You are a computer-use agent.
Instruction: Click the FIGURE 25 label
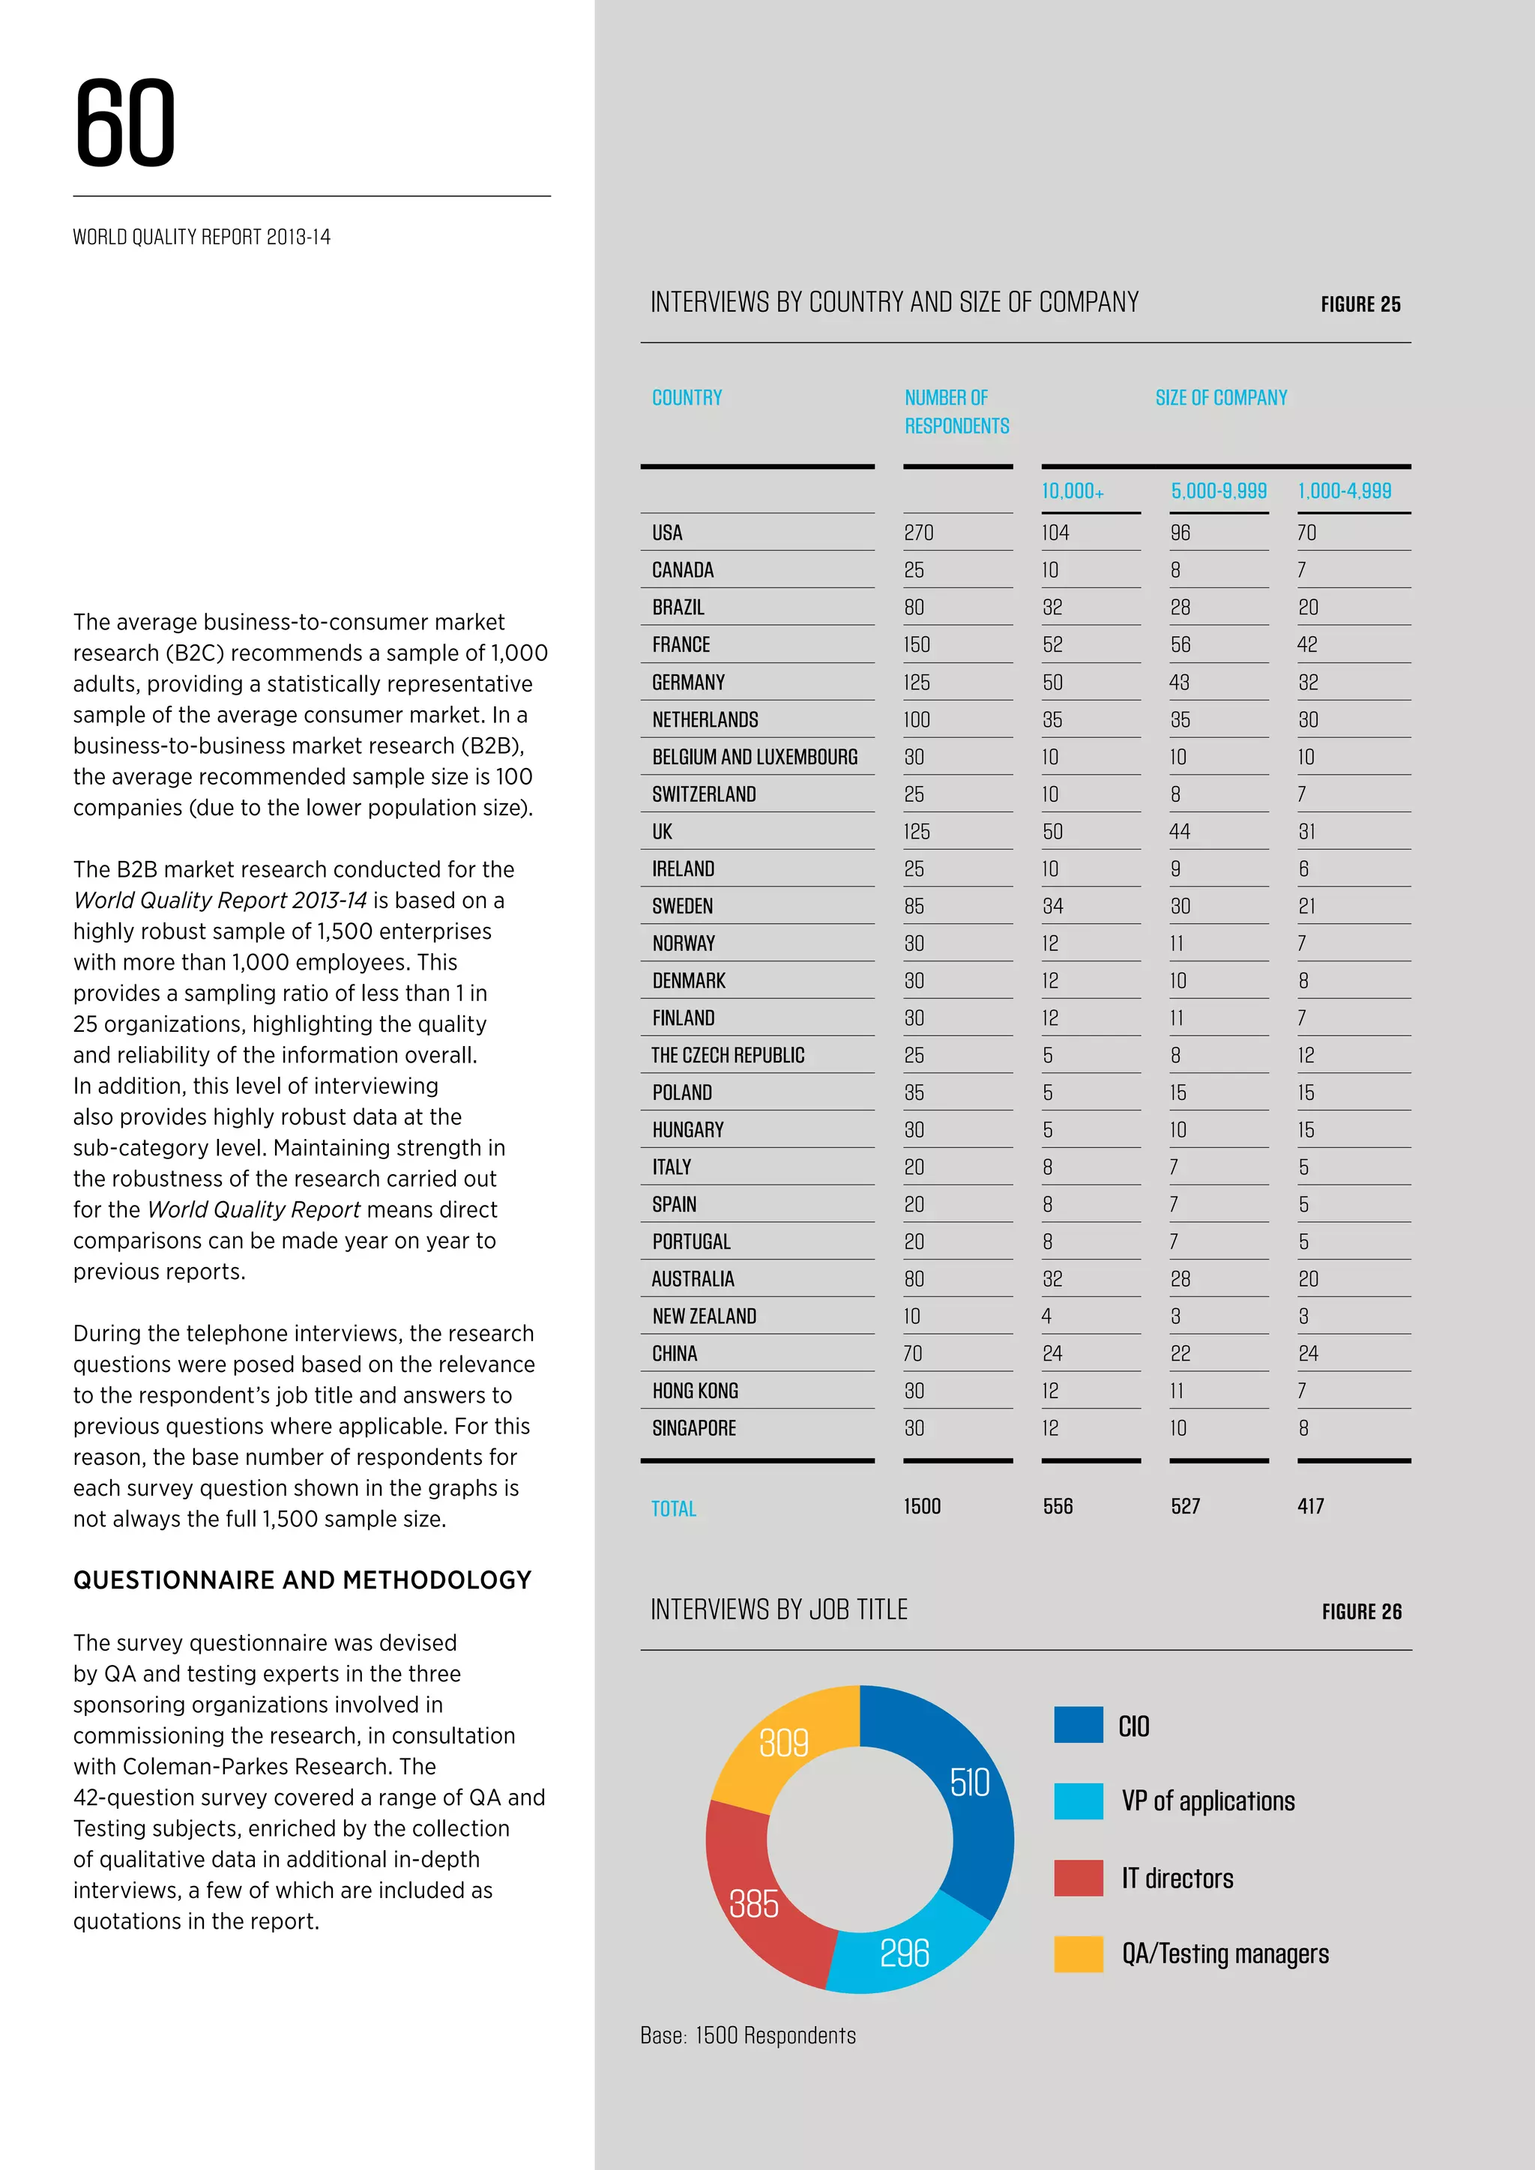(1360, 304)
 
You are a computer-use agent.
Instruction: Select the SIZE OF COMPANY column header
(1220, 398)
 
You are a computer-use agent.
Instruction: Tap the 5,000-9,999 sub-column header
(1219, 491)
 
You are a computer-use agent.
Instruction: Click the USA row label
(666, 533)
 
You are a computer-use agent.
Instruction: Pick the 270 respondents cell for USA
(918, 533)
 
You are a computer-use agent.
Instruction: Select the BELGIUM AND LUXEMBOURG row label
(754, 757)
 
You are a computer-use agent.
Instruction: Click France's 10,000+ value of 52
(1052, 644)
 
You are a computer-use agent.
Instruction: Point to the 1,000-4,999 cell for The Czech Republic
(1306, 1055)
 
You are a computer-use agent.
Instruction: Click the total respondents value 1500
(922, 1507)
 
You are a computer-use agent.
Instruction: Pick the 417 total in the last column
(1310, 1507)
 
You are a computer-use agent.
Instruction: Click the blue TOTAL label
(673, 1508)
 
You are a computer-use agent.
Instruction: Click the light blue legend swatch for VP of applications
(1078, 1801)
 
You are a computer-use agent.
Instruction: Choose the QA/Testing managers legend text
(1224, 1953)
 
